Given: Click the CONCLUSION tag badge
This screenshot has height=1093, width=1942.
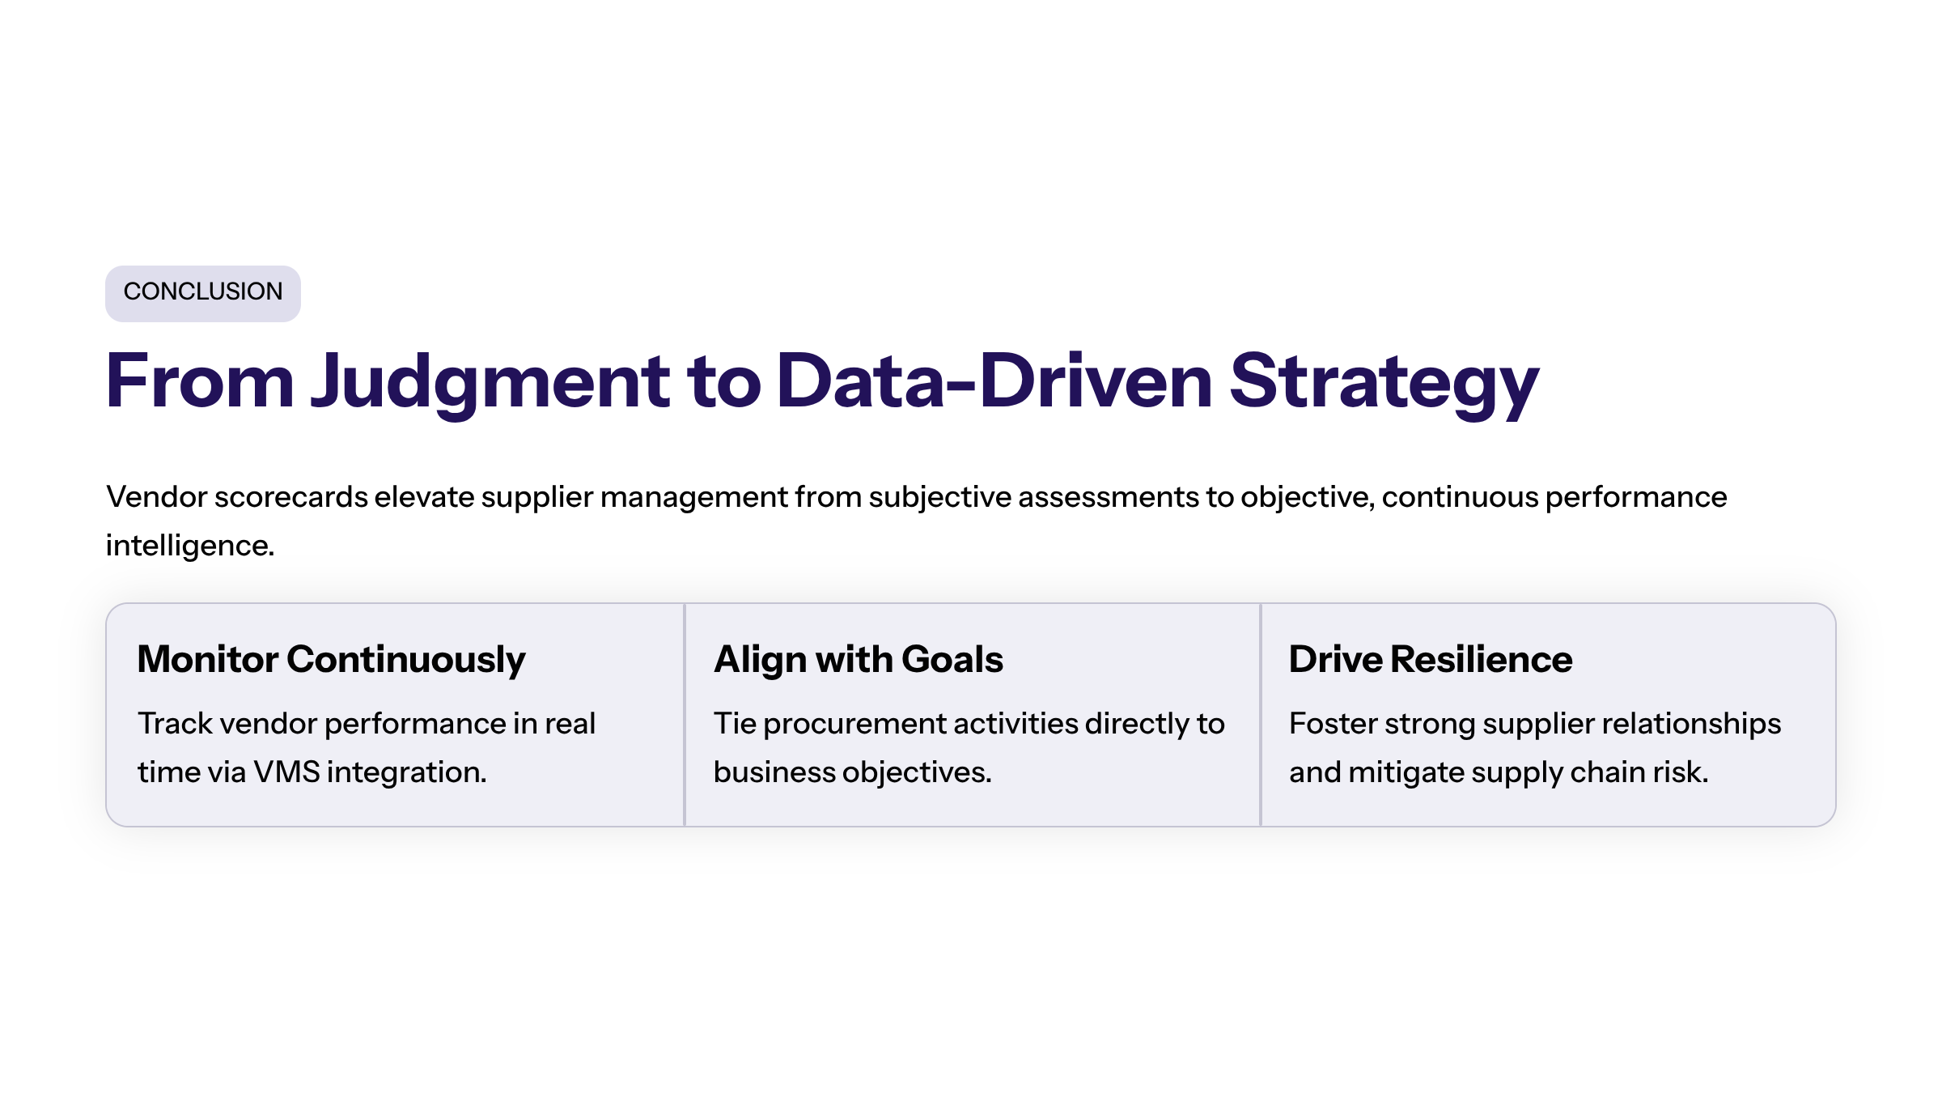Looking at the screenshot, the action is [x=203, y=293].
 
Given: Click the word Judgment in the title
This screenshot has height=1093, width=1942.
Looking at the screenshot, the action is [x=490, y=383].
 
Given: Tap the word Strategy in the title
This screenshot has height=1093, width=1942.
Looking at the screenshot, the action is [x=1384, y=383].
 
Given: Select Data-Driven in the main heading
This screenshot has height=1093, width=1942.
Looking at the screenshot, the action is [x=994, y=381].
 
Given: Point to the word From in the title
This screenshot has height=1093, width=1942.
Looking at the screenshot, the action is [x=200, y=381].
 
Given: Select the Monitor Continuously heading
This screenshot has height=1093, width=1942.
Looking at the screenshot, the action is [x=332, y=660].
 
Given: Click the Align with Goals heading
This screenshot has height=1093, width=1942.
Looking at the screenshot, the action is [x=859, y=660].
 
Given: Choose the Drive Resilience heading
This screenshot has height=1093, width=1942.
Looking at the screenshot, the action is [x=1431, y=659].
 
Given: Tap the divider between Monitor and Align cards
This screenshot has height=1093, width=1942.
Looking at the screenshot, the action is [x=685, y=715].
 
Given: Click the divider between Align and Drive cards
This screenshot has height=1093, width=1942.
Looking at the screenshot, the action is [x=1261, y=715].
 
